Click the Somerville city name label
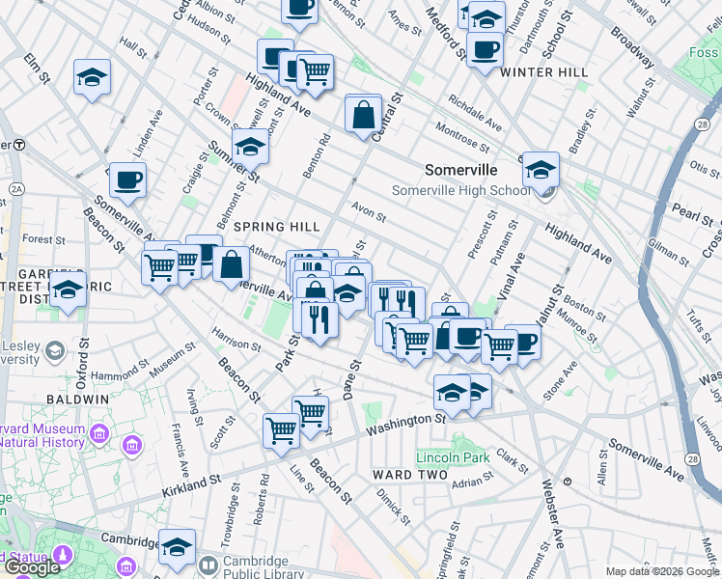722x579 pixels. coord(461,169)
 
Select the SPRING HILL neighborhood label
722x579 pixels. coord(277,226)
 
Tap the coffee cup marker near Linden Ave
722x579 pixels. coord(127,179)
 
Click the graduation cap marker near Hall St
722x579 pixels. coord(92,77)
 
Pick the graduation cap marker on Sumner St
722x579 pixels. coord(250,148)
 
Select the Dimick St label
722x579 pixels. coord(394,500)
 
